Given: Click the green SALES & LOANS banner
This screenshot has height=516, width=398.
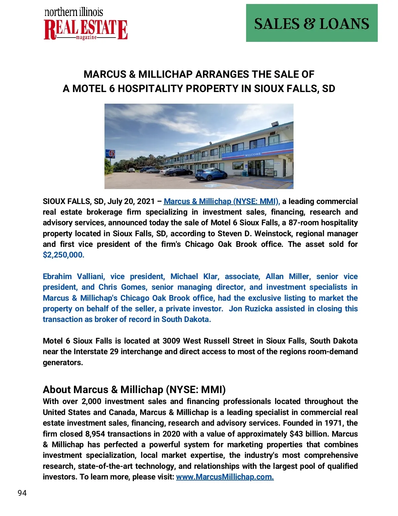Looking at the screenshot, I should [311, 23].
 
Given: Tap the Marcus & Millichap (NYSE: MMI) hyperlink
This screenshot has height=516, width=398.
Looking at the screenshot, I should [222, 201].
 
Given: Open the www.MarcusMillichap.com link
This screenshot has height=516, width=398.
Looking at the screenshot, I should [225, 477].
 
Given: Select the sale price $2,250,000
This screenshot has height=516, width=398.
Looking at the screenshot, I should [63, 255].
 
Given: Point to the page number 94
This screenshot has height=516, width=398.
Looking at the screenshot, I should [22, 493].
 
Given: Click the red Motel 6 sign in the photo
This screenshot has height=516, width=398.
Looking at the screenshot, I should [111, 154].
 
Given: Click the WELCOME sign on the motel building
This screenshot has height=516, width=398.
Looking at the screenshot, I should [253, 155].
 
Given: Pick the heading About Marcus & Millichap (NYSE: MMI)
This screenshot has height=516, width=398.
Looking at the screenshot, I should [134, 389].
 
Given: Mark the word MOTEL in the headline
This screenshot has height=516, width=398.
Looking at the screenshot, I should [90, 89].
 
